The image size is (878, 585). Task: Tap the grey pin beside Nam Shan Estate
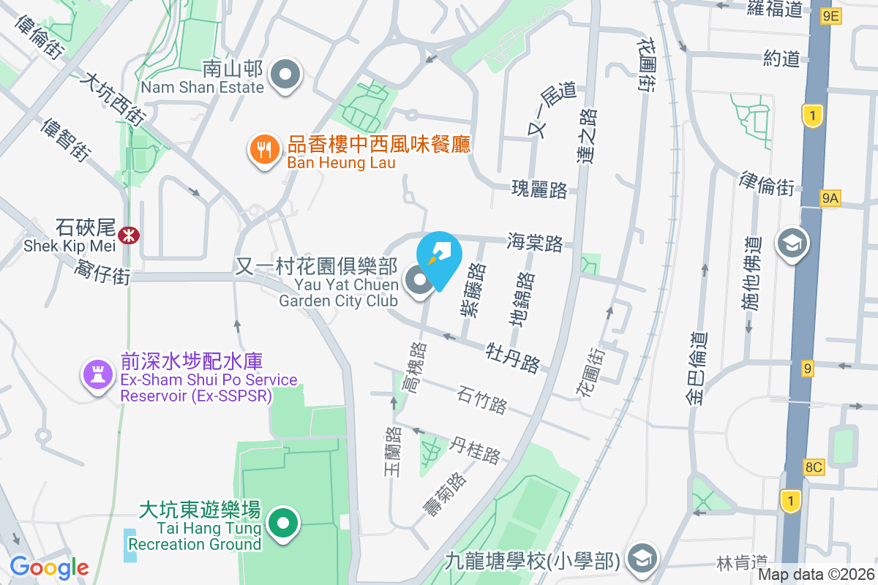285,75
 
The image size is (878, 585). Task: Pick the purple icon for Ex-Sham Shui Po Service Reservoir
97,374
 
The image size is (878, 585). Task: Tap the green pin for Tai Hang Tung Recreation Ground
285,523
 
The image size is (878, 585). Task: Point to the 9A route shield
830,197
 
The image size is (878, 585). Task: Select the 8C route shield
813,467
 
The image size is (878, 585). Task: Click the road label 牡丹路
513,355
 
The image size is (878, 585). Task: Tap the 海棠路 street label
535,243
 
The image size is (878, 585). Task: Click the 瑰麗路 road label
540,190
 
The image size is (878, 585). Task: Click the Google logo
49,567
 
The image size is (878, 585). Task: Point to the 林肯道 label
735,562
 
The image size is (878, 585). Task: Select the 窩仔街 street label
102,273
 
